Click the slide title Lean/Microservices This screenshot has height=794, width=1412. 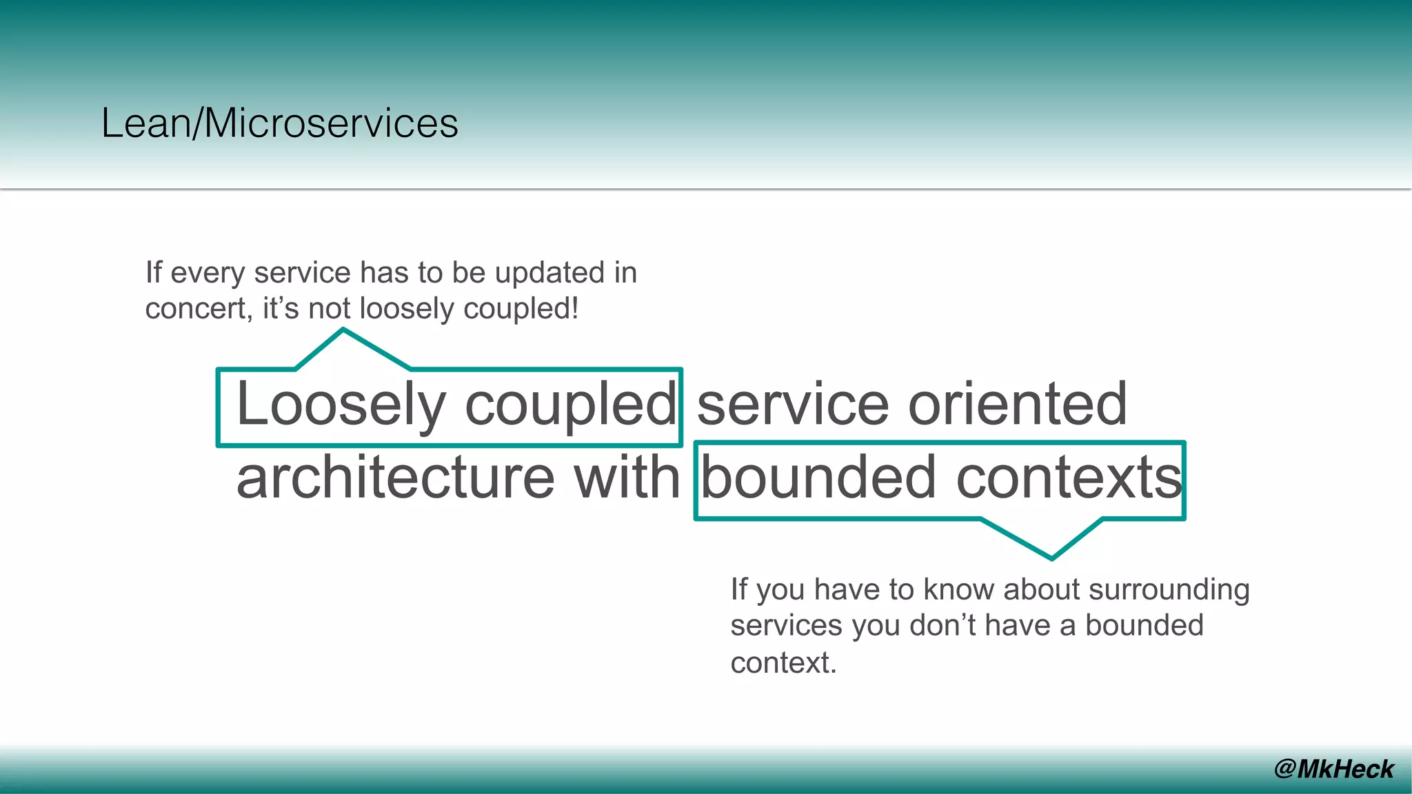click(279, 123)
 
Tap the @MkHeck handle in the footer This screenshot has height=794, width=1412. click(1333, 768)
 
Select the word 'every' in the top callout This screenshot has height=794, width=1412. click(208, 274)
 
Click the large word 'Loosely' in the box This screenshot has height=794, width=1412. click(341, 405)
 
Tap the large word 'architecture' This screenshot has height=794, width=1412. click(395, 478)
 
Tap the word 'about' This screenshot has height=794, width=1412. click(1042, 589)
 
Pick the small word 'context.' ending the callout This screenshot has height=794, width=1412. click(783, 663)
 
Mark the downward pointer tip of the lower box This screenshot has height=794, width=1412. click(1051, 557)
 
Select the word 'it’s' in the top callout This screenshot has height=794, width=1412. click(281, 309)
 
